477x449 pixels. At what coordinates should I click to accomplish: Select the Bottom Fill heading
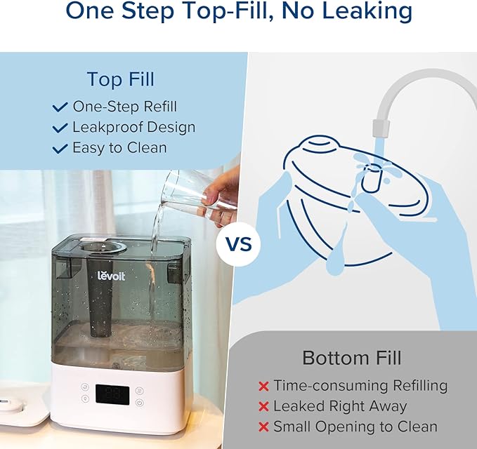[x=351, y=357]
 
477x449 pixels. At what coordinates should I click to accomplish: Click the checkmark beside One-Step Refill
[x=60, y=107]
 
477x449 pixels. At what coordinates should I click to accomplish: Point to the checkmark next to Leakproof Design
[x=60, y=128]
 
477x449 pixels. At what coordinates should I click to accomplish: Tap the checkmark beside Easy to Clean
[x=60, y=148]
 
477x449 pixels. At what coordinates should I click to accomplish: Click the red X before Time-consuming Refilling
[x=263, y=386]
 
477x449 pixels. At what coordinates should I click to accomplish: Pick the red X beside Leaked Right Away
[x=263, y=406]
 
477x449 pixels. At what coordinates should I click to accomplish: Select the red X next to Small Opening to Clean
[x=263, y=427]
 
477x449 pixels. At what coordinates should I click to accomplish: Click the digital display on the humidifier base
[x=111, y=394]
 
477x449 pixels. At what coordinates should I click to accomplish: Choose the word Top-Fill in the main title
[x=204, y=11]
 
